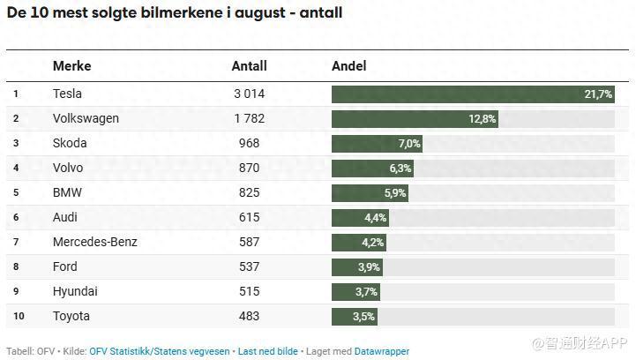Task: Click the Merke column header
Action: click(x=71, y=66)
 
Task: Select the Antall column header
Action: click(x=249, y=66)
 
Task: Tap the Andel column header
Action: click(x=348, y=66)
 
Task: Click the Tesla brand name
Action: click(x=67, y=94)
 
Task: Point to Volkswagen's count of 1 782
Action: click(x=249, y=118)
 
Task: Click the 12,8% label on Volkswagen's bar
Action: click(x=482, y=118)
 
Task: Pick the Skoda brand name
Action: click(x=70, y=143)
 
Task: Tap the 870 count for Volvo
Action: click(x=249, y=168)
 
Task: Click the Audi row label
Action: click(x=65, y=217)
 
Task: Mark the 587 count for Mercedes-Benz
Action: click(x=249, y=242)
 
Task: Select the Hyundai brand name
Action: click(x=75, y=291)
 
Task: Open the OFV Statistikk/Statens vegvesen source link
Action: click(x=158, y=351)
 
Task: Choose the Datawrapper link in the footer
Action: click(x=382, y=351)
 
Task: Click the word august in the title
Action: click(x=254, y=13)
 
